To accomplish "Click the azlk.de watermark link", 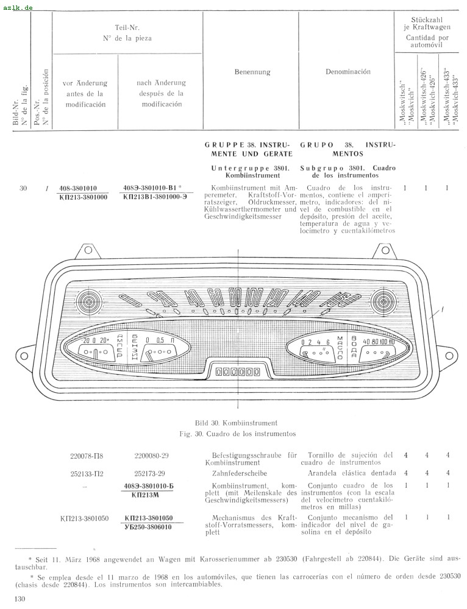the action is coord(18,7).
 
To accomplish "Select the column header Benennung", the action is coord(252,72).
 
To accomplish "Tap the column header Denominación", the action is coord(348,72).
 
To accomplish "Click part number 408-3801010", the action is coord(78,188).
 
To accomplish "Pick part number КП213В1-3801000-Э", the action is coord(155,197).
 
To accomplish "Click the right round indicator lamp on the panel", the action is coord(384,301).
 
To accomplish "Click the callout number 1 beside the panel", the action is coord(442,309).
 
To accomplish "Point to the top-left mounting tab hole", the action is coord(88,250).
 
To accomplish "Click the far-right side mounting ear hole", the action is coord(450,354).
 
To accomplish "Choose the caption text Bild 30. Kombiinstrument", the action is coord(236,423).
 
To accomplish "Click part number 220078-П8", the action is coord(87,456).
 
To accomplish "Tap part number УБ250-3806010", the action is coord(148,527).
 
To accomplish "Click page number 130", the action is coord(20,599).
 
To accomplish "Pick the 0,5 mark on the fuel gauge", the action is coord(160,340).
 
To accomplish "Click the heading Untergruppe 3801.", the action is coord(250,168).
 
